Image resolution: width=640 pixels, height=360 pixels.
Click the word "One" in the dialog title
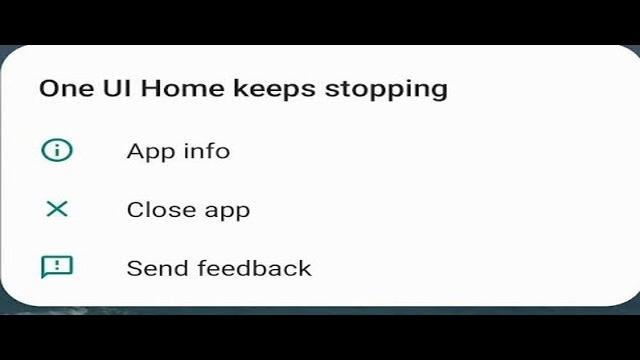coord(63,88)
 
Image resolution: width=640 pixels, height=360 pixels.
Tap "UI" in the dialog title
coord(116,88)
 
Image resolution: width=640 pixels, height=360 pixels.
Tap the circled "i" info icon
coord(57,150)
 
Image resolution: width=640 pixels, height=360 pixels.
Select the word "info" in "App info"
coord(206,151)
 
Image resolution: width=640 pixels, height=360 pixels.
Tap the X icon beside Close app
coord(57,209)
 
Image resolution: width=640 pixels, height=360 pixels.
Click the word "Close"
coord(158,210)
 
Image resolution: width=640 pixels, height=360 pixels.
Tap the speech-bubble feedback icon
coord(57,267)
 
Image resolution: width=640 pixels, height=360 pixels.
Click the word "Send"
coord(158,268)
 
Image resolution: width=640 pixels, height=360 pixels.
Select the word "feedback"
coord(255,268)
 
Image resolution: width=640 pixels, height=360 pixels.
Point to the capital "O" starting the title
coord(48,88)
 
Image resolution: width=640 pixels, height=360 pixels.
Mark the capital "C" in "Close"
coord(134,210)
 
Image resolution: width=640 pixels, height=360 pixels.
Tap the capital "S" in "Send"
coord(133,268)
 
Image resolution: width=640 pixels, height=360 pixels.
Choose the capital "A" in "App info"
coord(135,151)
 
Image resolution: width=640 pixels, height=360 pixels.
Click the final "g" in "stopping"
coord(439,91)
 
